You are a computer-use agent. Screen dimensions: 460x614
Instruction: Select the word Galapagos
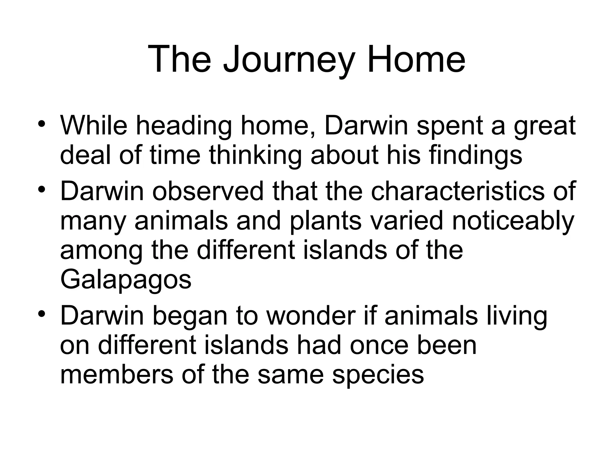click(126, 280)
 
